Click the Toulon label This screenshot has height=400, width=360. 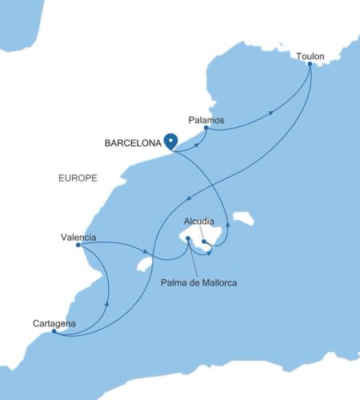click(310, 56)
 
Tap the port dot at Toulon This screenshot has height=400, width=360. click(310, 64)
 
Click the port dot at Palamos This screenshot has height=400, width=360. click(206, 128)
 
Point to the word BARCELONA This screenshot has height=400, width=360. click(132, 144)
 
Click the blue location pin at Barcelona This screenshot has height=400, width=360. click(170, 141)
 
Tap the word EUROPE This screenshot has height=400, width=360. click(78, 178)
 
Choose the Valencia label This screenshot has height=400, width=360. click(78, 237)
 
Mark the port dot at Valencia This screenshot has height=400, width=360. click(78, 246)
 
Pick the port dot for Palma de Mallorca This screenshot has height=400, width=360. click(187, 238)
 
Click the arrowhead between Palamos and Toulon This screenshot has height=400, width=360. click(271, 113)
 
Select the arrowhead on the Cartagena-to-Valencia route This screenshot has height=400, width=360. click(107, 303)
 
